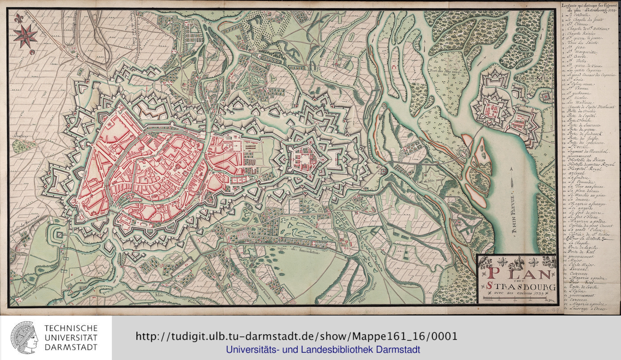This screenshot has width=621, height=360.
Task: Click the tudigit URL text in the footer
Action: pyautogui.click(x=297, y=336)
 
